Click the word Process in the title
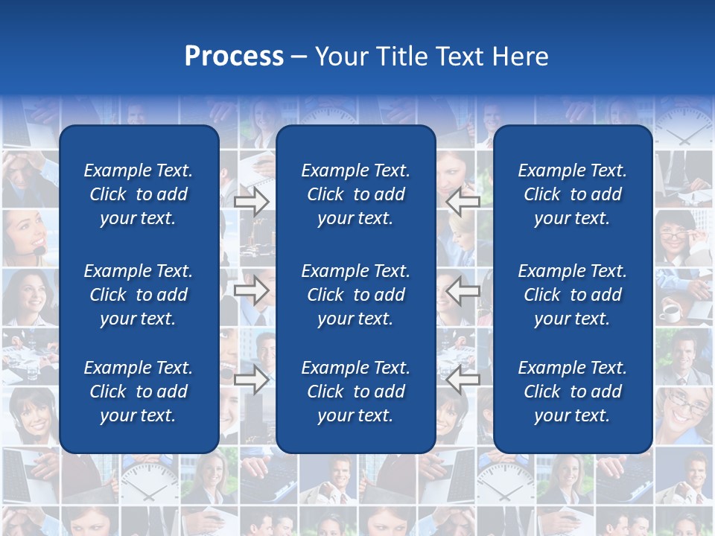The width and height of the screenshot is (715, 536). [234, 57]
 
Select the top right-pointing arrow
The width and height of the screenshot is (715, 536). [251, 202]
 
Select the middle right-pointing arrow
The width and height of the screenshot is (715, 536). [251, 291]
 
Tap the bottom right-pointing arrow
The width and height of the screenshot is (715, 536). [251, 380]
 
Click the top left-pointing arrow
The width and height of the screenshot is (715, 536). [463, 202]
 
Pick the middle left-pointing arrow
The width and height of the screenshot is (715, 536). [463, 291]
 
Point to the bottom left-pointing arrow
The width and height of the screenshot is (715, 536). [463, 380]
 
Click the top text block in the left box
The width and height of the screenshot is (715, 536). [139, 194]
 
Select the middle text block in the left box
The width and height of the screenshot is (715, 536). [139, 295]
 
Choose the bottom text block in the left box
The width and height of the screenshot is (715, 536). [139, 392]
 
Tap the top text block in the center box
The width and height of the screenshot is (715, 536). [355, 194]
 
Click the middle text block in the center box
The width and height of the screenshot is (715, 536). [355, 295]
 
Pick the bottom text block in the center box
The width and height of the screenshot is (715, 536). [355, 392]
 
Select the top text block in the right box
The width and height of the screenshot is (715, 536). [572, 194]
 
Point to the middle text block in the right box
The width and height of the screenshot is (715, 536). [572, 295]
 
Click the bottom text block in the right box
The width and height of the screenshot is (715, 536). [572, 392]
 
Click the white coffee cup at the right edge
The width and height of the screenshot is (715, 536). [670, 313]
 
